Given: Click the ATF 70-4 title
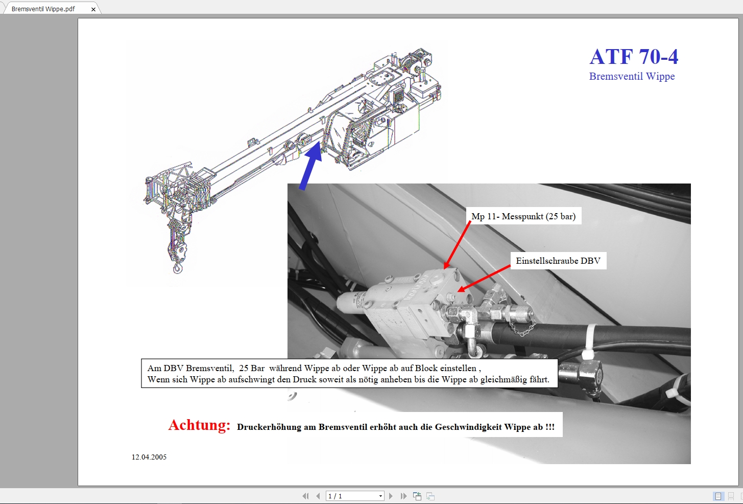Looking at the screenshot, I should click(x=634, y=57).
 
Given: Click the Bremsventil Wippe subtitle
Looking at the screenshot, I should click(x=632, y=77).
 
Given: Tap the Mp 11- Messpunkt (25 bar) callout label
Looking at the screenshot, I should click(x=523, y=216).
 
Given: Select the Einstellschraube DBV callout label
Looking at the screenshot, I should click(x=558, y=261).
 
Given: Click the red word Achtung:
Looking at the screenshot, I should click(x=199, y=425).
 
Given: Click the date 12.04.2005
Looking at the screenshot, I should click(x=149, y=457).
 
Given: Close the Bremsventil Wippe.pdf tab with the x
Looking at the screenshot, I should click(x=93, y=9).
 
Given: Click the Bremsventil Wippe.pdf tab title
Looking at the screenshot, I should click(x=43, y=9).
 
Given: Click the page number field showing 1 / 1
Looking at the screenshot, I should click(x=352, y=496).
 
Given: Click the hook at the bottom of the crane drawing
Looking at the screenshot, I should click(x=178, y=267).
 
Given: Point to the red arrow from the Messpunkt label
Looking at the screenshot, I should click(x=457, y=245).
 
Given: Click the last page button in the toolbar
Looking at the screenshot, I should click(x=403, y=496).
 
